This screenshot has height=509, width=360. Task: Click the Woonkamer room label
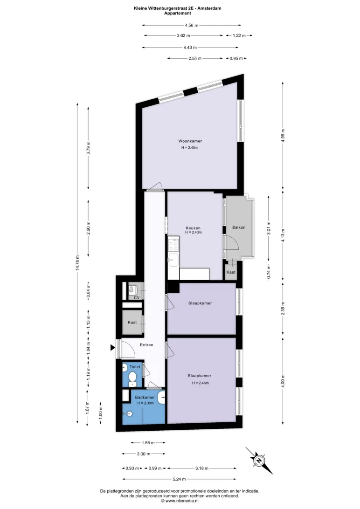[190, 141]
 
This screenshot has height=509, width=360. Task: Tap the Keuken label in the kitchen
[193, 228]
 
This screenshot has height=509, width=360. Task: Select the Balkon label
[239, 227]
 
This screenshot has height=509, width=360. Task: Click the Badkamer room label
[145, 397]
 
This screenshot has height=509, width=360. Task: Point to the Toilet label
[135, 367]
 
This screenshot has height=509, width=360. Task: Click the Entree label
[146, 345]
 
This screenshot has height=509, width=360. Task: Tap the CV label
[137, 298]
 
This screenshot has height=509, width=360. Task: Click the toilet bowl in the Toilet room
[132, 378]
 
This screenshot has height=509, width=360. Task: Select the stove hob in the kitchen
[173, 245]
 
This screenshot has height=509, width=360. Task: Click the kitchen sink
[173, 259]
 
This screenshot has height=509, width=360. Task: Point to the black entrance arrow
[113, 348]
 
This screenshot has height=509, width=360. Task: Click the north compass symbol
[259, 461]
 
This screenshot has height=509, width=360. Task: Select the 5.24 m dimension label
[179, 479]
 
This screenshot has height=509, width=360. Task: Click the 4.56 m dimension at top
[192, 25]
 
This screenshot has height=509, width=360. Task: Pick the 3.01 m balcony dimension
[269, 227]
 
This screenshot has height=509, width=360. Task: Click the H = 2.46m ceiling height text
[201, 383]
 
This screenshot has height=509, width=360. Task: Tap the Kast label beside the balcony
[231, 272]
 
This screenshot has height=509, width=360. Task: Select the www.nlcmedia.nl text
[182, 501]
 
